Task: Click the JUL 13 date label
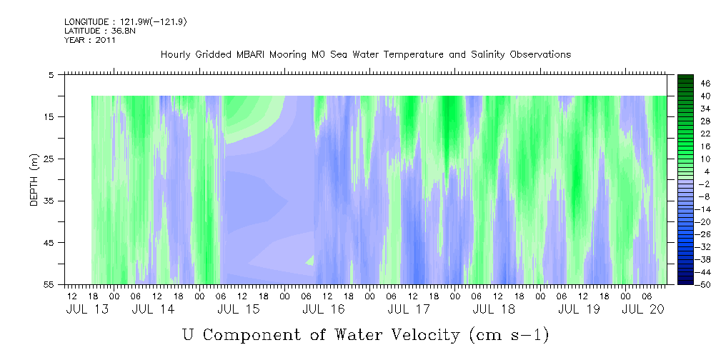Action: pyautogui.click(x=87, y=309)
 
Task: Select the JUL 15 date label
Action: pyautogui.click(x=238, y=309)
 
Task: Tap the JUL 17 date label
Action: pyautogui.click(x=409, y=309)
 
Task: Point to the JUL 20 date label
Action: pyautogui.click(x=643, y=309)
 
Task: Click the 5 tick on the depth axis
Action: pyautogui.click(x=51, y=74)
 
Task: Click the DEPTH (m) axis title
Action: pyautogui.click(x=34, y=180)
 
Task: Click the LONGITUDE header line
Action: pyautogui.click(x=126, y=22)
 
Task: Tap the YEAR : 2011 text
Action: pyautogui.click(x=90, y=40)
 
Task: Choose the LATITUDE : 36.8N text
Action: pyautogui.click(x=100, y=31)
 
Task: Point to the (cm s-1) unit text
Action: pyautogui.click(x=509, y=335)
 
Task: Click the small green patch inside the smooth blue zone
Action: pyautogui.click(x=309, y=261)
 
